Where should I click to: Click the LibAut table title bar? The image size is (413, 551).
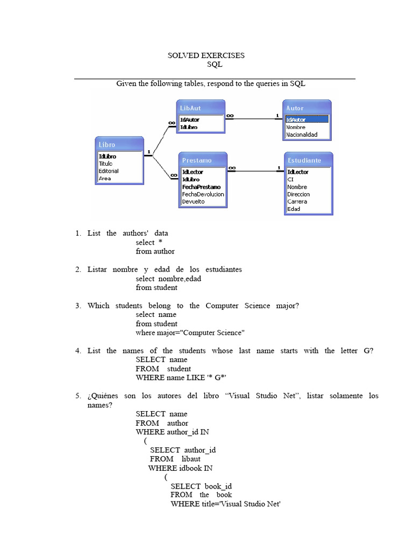(200, 108)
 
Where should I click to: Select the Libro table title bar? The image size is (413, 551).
(119, 145)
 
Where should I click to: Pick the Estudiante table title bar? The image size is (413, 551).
(308, 160)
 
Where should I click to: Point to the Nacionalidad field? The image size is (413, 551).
(302, 135)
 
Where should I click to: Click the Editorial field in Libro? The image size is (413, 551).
(109, 171)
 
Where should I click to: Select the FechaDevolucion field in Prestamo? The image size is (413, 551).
(203, 194)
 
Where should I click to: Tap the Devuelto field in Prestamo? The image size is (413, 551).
(194, 202)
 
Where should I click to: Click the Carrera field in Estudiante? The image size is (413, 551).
(297, 202)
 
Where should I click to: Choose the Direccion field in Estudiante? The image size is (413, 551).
(298, 194)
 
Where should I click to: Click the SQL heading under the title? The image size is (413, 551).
(215, 65)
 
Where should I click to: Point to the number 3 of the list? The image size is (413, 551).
(77, 306)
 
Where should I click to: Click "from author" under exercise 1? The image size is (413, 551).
(155, 251)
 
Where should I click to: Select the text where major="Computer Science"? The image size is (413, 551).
(190, 333)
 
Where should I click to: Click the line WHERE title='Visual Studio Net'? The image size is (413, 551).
(226, 504)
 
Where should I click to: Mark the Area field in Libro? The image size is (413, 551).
(105, 178)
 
